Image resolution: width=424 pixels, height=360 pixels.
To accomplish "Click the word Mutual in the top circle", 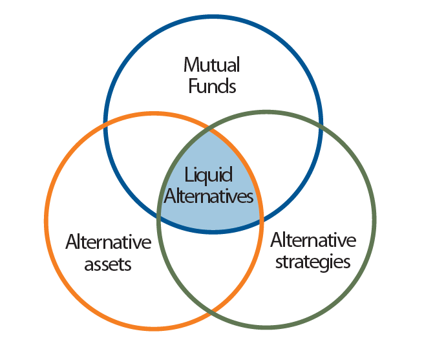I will (x=212, y=65).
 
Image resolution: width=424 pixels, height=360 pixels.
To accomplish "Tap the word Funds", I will (x=212, y=86).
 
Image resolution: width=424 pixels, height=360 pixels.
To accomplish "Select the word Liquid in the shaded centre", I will (x=208, y=175).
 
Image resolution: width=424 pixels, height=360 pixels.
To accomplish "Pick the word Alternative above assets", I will (x=109, y=242).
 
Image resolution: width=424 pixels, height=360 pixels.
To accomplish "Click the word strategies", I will (x=312, y=261).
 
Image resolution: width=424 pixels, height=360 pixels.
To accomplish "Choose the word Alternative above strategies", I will (x=313, y=240).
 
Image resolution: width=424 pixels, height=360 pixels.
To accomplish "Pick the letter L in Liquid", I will (x=188, y=175).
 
